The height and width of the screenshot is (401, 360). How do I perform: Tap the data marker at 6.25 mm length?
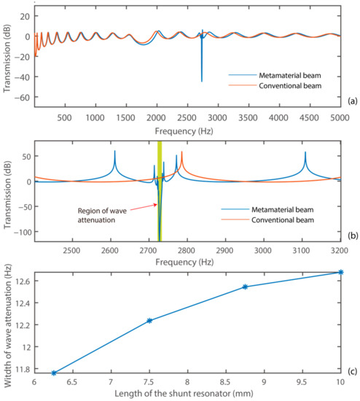click(x=53, y=373)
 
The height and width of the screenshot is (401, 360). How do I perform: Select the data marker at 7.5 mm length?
click(x=149, y=321)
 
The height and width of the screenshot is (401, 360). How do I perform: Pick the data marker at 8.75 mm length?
click(x=245, y=287)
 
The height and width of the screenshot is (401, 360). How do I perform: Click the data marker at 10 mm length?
click(x=340, y=272)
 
